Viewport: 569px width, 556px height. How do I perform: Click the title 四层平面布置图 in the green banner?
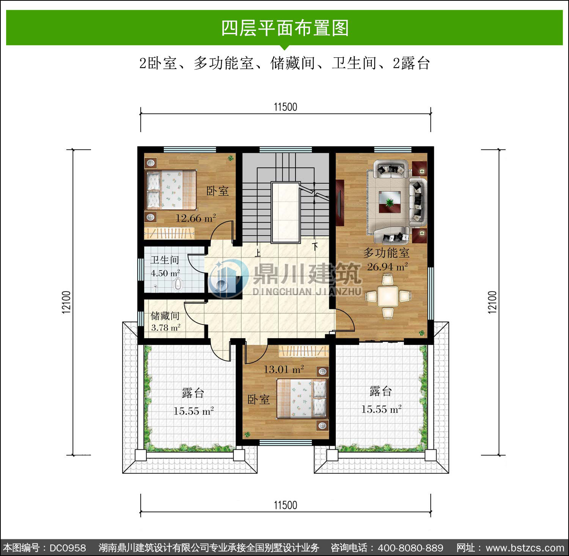coord(285,28)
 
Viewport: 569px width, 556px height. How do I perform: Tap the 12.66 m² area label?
coord(195,218)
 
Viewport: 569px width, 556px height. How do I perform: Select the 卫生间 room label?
coord(165,260)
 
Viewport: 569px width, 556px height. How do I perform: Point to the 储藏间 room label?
coord(165,316)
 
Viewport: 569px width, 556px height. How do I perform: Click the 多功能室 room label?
coord(386,253)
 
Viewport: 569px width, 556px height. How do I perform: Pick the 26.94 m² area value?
coord(387,267)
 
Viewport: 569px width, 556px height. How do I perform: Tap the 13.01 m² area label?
coord(284,369)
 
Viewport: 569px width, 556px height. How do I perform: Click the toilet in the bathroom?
coord(177,284)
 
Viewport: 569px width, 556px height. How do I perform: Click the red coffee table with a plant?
coord(390,202)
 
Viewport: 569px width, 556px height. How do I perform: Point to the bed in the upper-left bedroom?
coord(171,190)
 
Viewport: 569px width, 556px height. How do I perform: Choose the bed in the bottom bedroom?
coord(302,398)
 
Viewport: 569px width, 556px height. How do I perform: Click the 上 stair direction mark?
coord(258,253)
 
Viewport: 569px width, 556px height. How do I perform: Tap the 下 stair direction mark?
coord(315,246)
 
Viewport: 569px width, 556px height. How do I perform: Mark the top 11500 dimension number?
coord(286,107)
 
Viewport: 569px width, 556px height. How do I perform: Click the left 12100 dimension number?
coord(66,302)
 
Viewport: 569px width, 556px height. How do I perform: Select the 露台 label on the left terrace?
coord(193,393)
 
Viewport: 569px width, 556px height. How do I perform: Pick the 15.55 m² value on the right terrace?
coord(381,410)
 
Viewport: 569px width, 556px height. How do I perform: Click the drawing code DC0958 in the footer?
coord(68,548)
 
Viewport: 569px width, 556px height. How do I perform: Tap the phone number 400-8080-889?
coord(410,548)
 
